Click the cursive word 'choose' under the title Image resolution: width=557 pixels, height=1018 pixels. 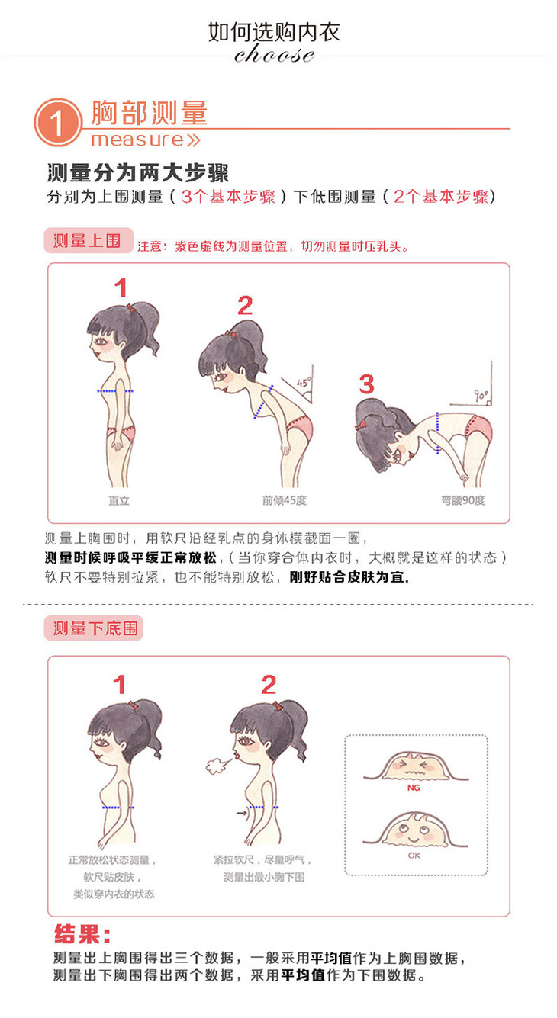click(274, 54)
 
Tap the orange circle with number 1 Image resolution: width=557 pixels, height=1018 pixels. click(58, 122)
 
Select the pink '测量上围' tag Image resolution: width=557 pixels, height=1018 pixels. click(89, 240)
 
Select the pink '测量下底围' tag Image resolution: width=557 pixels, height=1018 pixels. click(94, 628)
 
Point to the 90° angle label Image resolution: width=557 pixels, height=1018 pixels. click(481, 395)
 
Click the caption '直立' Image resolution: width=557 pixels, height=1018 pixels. click(119, 500)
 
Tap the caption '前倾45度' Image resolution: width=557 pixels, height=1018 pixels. click(285, 500)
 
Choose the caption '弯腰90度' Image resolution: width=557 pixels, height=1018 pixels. click(463, 500)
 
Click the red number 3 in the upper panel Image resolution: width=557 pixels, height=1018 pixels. click(366, 384)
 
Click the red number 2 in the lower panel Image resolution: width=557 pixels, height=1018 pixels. click(269, 685)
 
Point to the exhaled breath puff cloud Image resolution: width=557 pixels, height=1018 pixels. click(217, 765)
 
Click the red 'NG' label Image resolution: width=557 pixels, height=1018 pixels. click(414, 788)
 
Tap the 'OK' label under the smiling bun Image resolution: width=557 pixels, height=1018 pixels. click(414, 856)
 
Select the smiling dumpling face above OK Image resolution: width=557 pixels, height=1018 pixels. click(415, 831)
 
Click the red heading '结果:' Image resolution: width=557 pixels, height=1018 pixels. click(82, 934)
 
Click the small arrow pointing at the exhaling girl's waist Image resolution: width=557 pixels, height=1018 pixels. click(243, 813)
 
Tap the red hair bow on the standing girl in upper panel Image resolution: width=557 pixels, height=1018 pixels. click(131, 307)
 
